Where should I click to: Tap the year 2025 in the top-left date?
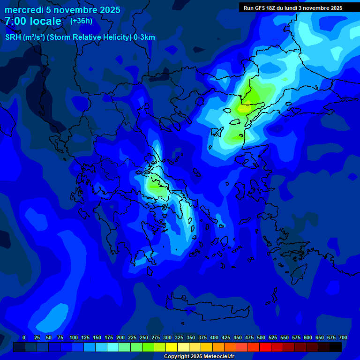click(x=107, y=10)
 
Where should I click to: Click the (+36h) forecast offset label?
click(x=81, y=21)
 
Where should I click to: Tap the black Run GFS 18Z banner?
click(x=293, y=7)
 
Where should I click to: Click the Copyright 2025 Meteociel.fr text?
click(x=199, y=356)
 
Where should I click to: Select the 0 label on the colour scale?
click(x=24, y=337)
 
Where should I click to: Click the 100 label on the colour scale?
click(x=74, y=337)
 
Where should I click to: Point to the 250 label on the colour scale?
click(x=144, y=337)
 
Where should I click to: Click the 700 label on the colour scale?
click(x=343, y=337)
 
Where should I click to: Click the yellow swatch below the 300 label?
click(x=172, y=347)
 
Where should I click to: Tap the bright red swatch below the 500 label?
click(x=265, y=347)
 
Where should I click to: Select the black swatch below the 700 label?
click(x=336, y=347)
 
